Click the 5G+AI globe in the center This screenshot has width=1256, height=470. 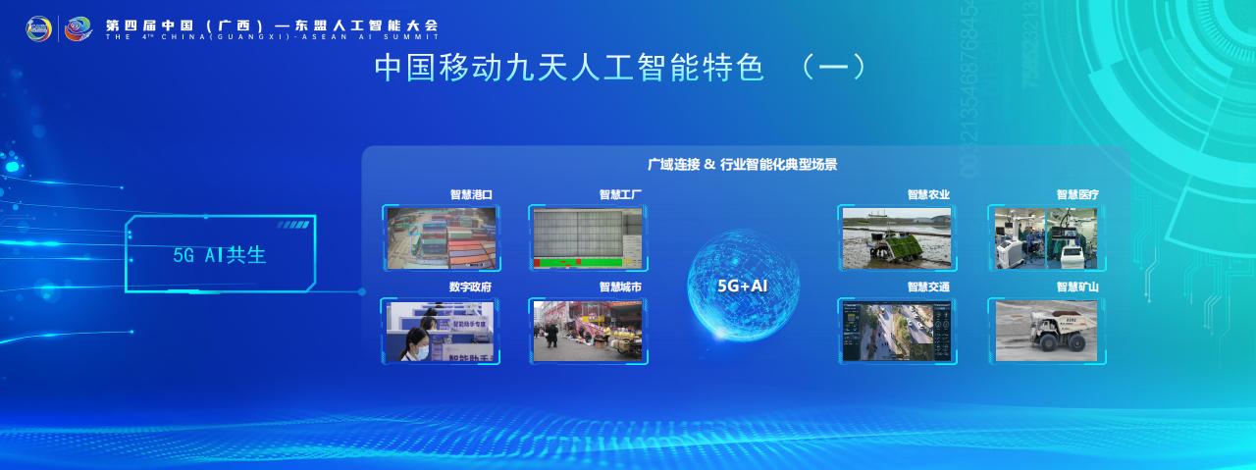743,285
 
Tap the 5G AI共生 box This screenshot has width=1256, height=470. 220,254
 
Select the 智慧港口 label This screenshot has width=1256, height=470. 471,195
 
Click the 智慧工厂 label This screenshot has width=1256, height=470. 620,195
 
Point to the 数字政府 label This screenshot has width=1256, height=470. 470,287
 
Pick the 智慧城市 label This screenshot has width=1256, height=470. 620,287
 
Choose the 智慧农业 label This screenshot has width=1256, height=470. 928,195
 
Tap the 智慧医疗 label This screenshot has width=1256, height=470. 1077,195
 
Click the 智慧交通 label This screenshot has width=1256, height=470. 928,287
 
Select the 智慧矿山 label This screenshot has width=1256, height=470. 1077,287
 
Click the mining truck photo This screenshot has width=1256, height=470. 1046,330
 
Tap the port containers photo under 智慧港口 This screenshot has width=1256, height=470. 442,237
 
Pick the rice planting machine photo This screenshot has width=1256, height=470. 896,237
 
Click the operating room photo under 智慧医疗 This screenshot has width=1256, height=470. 1046,237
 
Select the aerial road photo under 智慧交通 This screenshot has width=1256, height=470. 896,331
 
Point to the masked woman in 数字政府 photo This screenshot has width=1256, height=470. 416,339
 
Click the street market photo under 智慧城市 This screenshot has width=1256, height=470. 587,331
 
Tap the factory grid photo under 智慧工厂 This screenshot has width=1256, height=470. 587,237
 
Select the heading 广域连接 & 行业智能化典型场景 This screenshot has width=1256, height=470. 742,165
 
